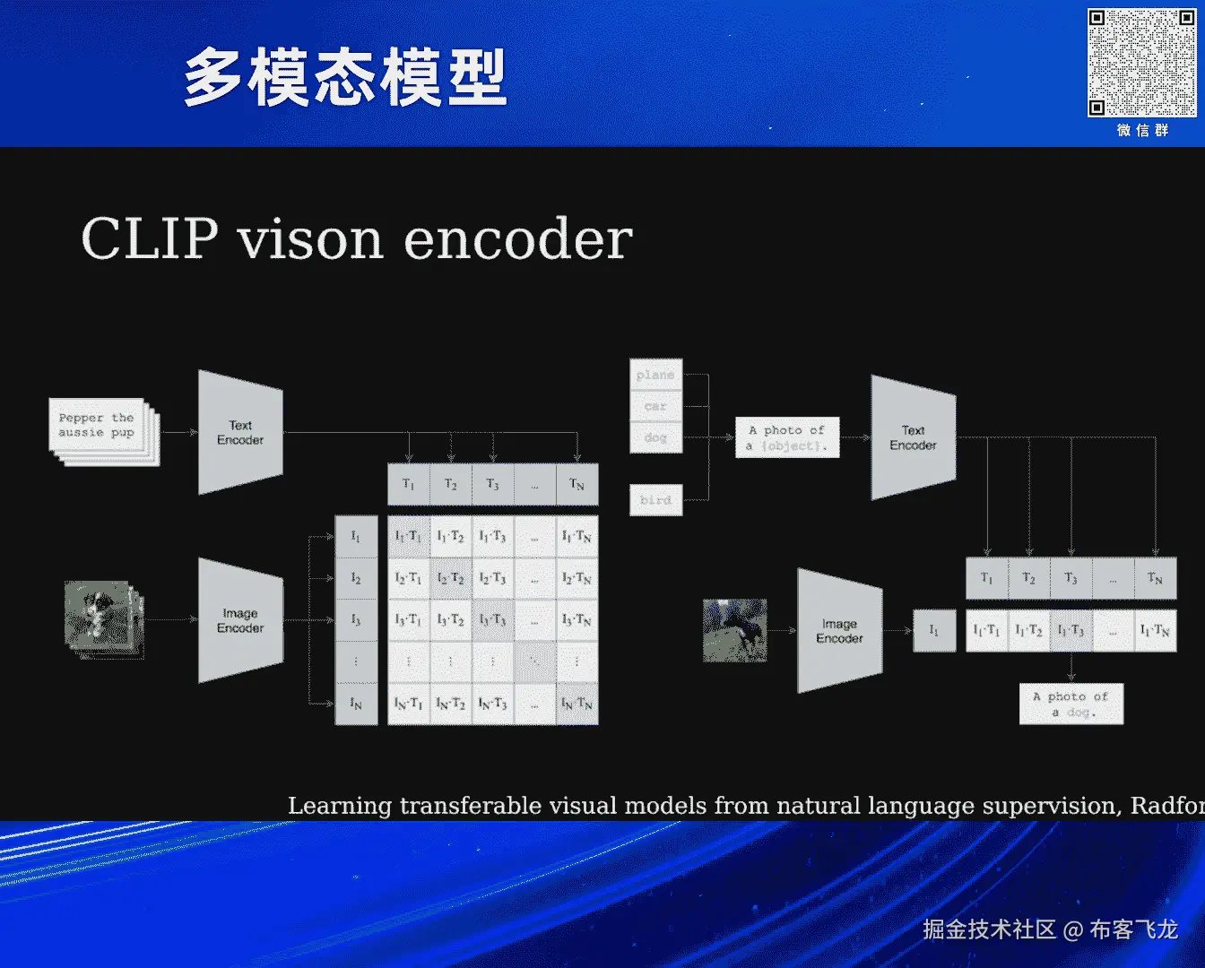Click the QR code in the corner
(x=1141, y=63)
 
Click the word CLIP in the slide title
(x=149, y=239)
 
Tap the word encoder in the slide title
(x=517, y=239)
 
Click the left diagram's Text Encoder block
(x=240, y=433)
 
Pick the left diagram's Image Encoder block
(x=240, y=620)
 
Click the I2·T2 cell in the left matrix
(x=450, y=578)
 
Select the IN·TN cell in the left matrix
(x=576, y=704)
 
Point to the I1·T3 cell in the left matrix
(x=492, y=536)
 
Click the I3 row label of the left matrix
(x=356, y=620)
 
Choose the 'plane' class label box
(x=655, y=375)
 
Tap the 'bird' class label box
(x=655, y=500)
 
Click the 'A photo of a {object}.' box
(x=787, y=437)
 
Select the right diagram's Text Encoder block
(x=913, y=437)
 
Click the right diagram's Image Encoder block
(x=839, y=631)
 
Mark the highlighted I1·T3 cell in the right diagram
(x=1071, y=631)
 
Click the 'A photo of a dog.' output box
(x=1071, y=704)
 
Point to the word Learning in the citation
(x=340, y=806)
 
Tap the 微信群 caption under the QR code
(x=1142, y=130)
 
